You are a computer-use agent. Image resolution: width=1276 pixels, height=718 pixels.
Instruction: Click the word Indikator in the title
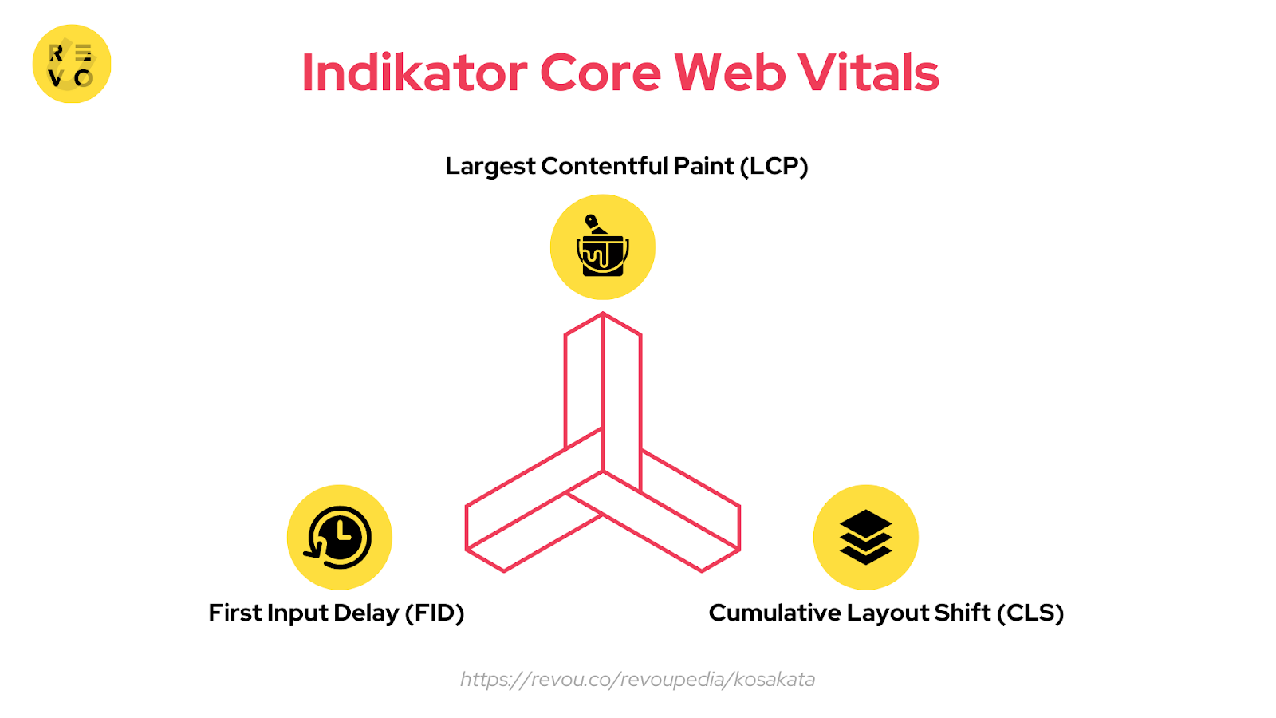(414, 73)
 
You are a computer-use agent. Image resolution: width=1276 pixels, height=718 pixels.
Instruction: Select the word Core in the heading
(601, 73)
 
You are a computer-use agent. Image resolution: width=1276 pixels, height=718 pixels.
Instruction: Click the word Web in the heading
(730, 73)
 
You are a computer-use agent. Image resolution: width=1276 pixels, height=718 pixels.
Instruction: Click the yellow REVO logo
(72, 64)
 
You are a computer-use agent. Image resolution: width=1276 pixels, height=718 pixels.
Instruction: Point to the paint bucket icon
(603, 247)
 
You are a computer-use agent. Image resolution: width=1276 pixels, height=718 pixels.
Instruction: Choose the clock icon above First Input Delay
(339, 537)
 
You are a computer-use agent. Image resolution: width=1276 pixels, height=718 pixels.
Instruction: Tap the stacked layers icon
(865, 537)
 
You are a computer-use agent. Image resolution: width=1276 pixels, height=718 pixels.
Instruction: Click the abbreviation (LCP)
(774, 166)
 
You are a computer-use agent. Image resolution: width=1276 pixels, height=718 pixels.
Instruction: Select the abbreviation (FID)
(435, 613)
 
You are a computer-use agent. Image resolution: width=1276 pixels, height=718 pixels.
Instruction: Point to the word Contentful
(604, 166)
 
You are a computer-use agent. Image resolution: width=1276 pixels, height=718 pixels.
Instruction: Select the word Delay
(366, 613)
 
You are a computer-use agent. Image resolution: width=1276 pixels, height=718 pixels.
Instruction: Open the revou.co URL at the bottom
(637, 680)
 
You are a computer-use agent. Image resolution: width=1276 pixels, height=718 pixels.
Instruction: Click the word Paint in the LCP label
(703, 166)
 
